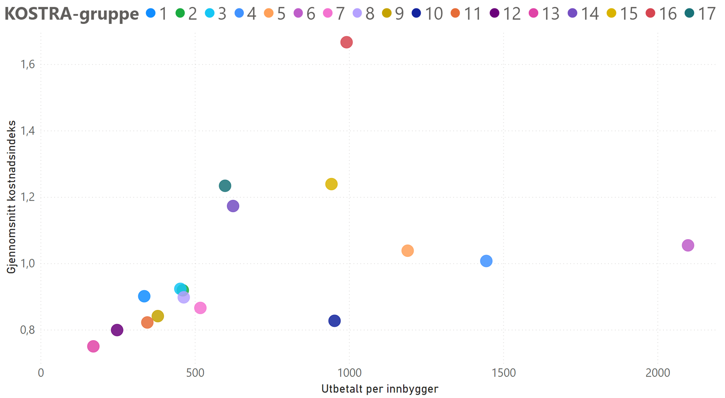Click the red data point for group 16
pyautogui.click(x=346, y=42)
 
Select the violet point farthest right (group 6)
pyautogui.click(x=688, y=245)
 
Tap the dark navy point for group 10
pyautogui.click(x=334, y=321)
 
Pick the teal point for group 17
pyautogui.click(x=225, y=186)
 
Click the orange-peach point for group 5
pyautogui.click(x=407, y=251)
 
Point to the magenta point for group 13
pyautogui.click(x=93, y=346)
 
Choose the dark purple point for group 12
pyautogui.click(x=117, y=330)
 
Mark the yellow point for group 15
pyautogui.click(x=331, y=184)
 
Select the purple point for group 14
pyautogui.click(x=233, y=206)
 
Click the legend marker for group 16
pyautogui.click(x=650, y=13)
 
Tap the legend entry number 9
pyautogui.click(x=399, y=13)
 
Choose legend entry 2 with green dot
pyautogui.click(x=192, y=13)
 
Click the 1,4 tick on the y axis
pyautogui.click(x=28, y=131)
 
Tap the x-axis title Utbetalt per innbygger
pyautogui.click(x=380, y=389)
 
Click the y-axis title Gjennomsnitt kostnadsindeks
pyautogui.click(x=11, y=197)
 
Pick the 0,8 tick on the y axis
pyautogui.click(x=28, y=330)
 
